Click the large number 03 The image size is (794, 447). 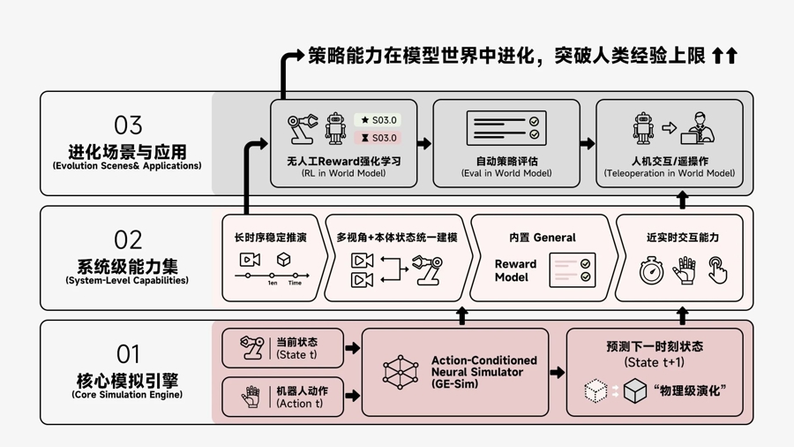click(128, 125)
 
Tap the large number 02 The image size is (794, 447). click(128, 239)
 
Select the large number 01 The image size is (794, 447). click(128, 354)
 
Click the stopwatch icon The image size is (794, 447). click(651, 270)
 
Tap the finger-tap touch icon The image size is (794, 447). click(718, 270)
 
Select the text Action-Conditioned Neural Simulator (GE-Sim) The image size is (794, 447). click(483, 372)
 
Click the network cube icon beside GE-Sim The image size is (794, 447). click(400, 372)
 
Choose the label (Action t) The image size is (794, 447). click(299, 404)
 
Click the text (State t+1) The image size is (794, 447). click(654, 362)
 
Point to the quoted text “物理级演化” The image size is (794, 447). click(690, 390)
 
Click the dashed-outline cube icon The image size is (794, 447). click(596, 390)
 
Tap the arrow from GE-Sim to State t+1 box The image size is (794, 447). click(557, 373)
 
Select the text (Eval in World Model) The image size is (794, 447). click(506, 173)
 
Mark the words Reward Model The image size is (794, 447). click(515, 270)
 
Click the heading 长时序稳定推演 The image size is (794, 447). click(271, 238)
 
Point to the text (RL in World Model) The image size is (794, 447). click(344, 173)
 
